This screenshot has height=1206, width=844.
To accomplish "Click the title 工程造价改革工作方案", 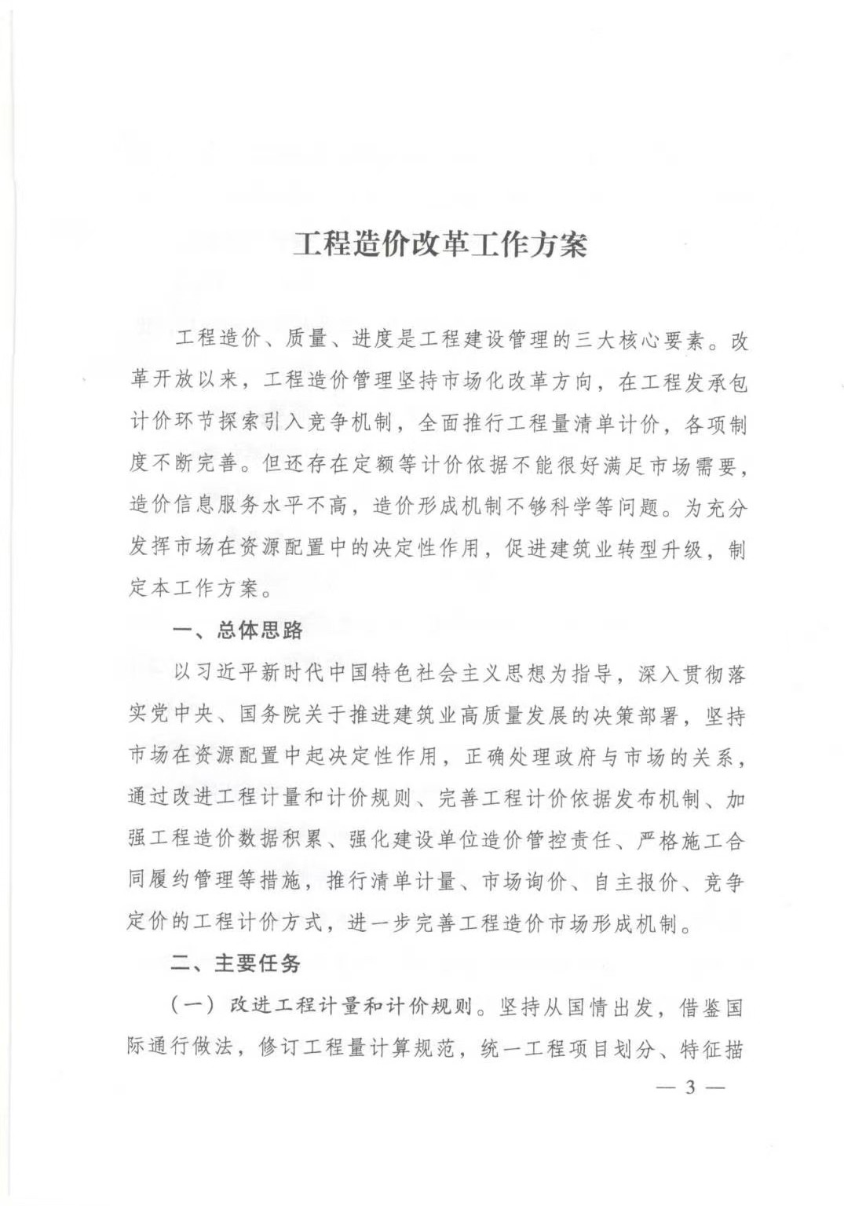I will pos(440,244).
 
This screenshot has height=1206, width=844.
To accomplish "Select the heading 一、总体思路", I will pos(237,630).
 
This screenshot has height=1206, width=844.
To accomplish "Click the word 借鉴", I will pos(700,1006).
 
